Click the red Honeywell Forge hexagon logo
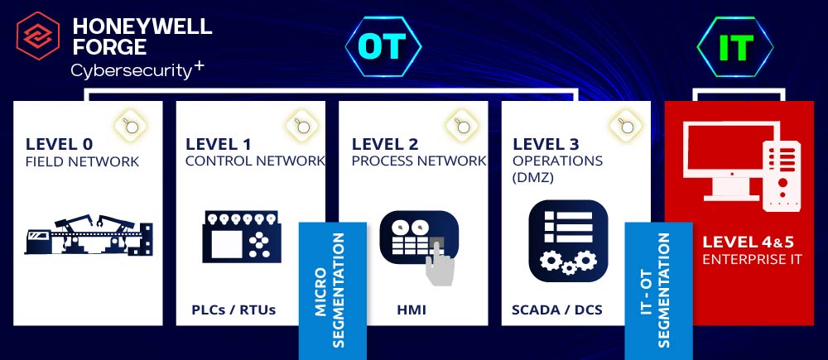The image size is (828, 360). (x=38, y=36)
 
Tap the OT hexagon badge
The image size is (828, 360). (x=383, y=47)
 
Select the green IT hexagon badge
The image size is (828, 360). (x=735, y=47)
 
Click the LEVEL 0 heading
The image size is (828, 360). (x=59, y=144)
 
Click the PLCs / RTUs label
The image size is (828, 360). (x=233, y=310)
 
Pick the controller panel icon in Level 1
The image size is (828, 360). (x=243, y=236)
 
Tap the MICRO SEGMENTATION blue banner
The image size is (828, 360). (x=333, y=290)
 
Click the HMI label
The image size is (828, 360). (x=412, y=310)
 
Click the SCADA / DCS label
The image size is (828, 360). (x=556, y=310)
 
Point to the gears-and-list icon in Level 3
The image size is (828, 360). (x=568, y=241)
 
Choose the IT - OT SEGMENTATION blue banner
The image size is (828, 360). (x=658, y=290)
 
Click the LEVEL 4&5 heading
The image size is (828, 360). (x=749, y=242)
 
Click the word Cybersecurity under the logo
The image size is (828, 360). (x=131, y=71)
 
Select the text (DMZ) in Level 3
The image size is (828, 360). (x=532, y=178)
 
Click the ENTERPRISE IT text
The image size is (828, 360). (x=752, y=259)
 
